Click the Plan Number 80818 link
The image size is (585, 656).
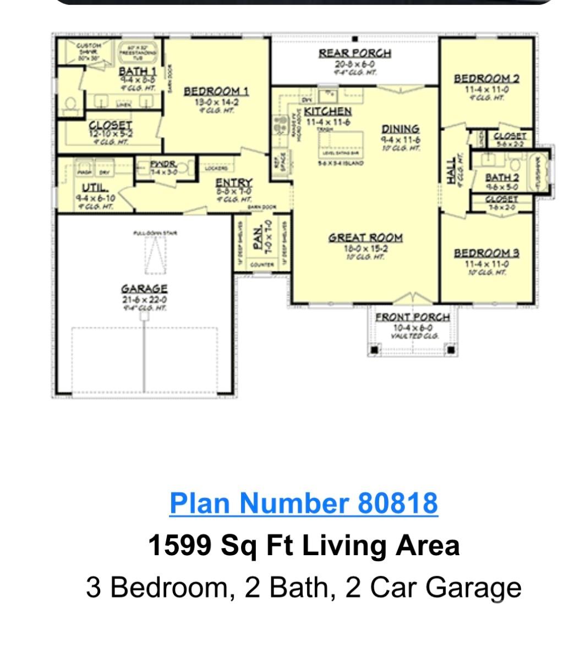303,503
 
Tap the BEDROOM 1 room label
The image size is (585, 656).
216,91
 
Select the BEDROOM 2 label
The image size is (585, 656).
486,79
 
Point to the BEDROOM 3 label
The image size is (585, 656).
486,253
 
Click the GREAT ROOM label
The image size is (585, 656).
365,238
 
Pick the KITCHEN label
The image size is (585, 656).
327,112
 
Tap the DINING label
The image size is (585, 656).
401,129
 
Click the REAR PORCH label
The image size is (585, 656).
355,53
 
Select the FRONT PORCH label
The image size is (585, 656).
412,317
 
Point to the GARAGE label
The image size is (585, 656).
144,289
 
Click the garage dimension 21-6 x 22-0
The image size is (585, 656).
144,300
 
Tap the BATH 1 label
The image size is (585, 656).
138,71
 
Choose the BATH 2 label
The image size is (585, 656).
501,177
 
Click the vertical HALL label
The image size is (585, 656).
451,170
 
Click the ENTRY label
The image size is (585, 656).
233,182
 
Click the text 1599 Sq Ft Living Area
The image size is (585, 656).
303,545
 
